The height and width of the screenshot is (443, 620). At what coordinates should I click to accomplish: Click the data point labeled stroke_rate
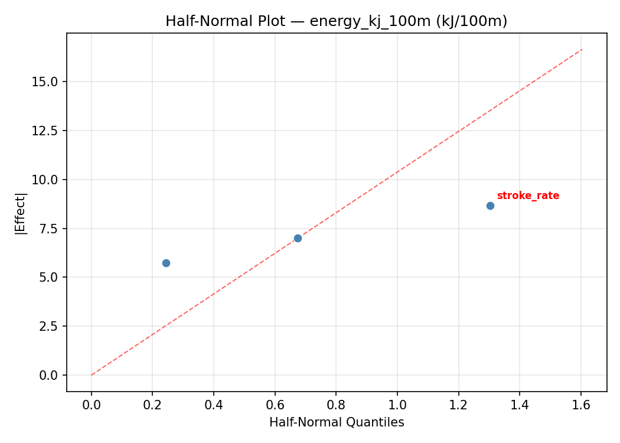[x=490, y=206]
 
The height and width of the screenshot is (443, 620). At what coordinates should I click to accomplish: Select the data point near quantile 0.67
[x=298, y=238]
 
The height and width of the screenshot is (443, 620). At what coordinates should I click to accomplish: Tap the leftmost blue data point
[x=166, y=263]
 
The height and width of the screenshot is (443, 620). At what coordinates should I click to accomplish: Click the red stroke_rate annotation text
[x=528, y=196]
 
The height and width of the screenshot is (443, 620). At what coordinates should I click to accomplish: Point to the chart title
[x=336, y=21]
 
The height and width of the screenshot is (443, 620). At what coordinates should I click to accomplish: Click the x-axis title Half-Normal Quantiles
[x=337, y=422]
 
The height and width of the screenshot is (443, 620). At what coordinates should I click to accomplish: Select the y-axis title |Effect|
[x=21, y=213]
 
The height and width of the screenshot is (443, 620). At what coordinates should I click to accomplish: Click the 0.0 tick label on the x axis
[x=92, y=405]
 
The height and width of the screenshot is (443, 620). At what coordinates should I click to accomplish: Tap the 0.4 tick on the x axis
[x=214, y=405]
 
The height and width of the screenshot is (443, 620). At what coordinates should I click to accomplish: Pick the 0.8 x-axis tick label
[x=336, y=405]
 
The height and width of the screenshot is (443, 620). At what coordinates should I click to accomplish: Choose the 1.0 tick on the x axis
[x=397, y=405]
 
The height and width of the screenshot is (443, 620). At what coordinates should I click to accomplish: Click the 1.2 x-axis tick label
[x=458, y=405]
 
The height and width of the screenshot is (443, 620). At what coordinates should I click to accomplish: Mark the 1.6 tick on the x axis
[x=581, y=405]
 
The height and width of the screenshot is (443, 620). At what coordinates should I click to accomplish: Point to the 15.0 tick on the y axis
[x=45, y=82]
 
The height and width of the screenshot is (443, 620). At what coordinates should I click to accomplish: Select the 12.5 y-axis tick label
[x=45, y=131]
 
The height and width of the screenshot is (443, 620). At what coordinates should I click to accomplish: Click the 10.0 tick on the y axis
[x=45, y=180]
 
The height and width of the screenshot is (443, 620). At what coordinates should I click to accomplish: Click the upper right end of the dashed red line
[x=582, y=50]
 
